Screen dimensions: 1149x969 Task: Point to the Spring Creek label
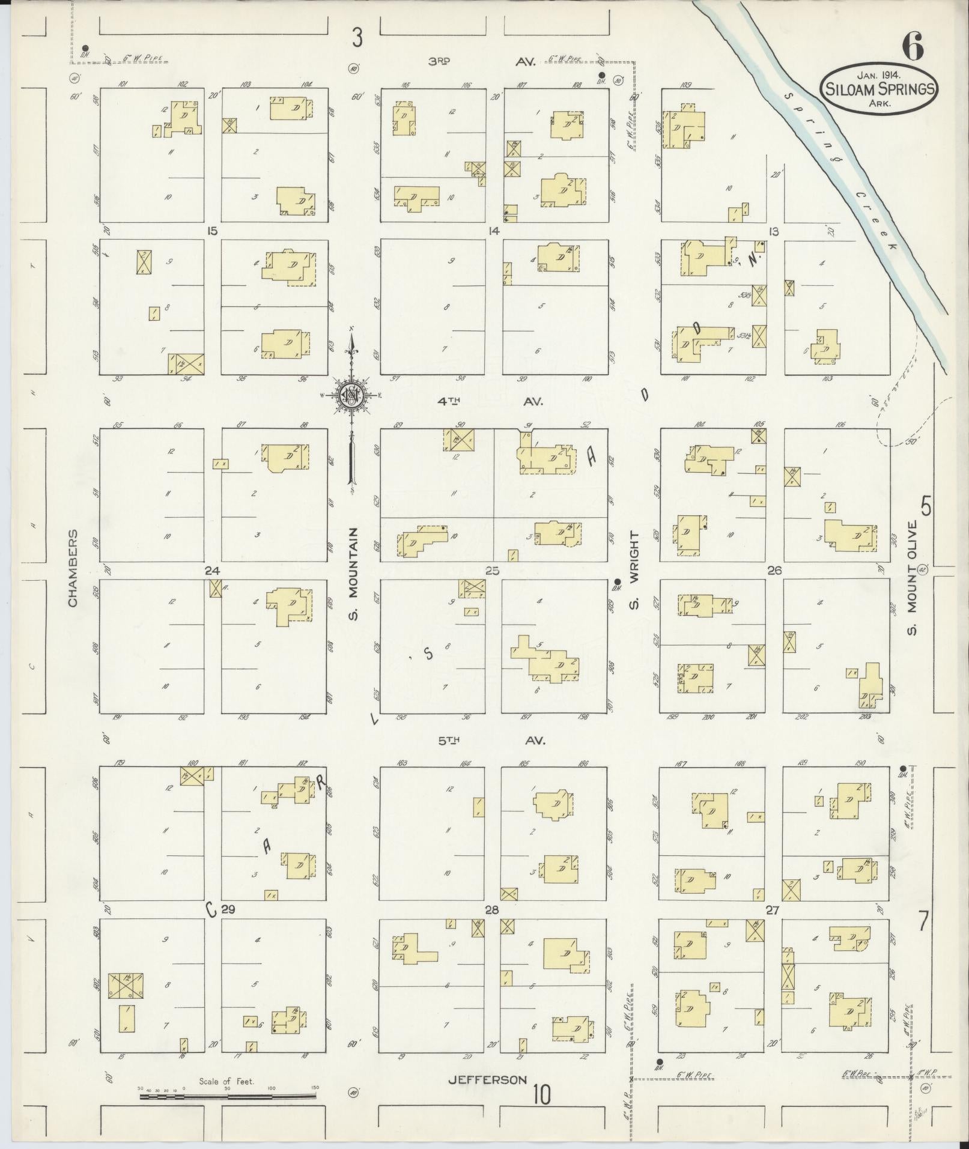click(x=841, y=174)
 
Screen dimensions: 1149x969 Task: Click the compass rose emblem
click(x=349, y=395)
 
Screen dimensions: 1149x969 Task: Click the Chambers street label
click(x=74, y=568)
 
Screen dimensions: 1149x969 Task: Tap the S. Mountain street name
click(x=354, y=574)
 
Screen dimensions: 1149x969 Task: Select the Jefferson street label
click(x=487, y=1080)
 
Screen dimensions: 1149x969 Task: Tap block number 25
click(x=493, y=570)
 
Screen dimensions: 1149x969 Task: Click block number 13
click(x=773, y=231)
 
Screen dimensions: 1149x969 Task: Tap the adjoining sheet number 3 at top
click(x=357, y=38)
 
